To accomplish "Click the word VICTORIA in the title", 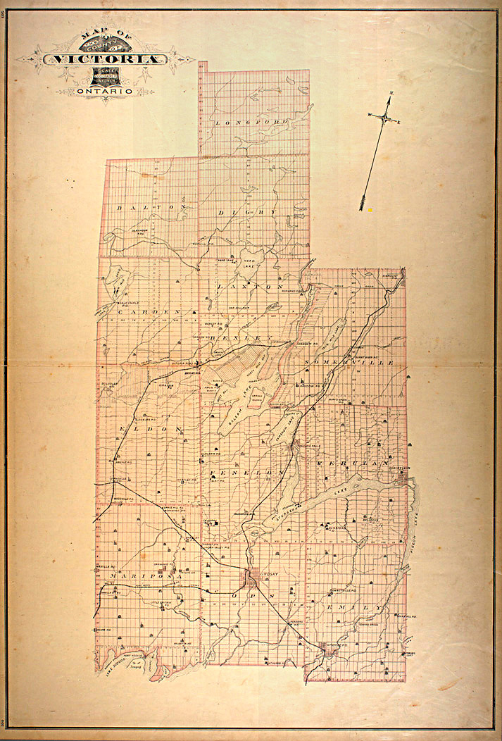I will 106,59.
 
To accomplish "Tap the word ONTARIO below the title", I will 106,91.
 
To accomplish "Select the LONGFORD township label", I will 252,123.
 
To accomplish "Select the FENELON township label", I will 251,472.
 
